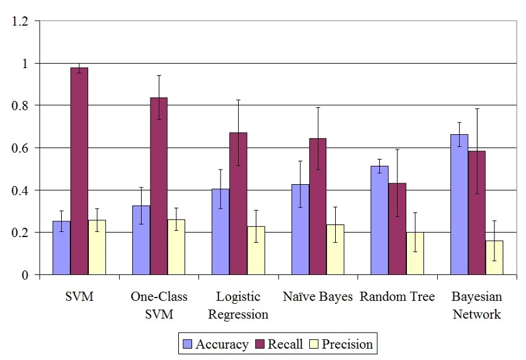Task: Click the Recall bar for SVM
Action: pyautogui.click(x=79, y=171)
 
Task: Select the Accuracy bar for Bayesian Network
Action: pyautogui.click(x=459, y=204)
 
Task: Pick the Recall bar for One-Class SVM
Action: pyautogui.click(x=159, y=186)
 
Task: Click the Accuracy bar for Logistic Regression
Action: pyautogui.click(x=221, y=231)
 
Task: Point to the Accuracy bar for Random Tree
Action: pyautogui.click(x=380, y=220)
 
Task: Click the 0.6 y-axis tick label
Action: pyautogui.click(x=20, y=148)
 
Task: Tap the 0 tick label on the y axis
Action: pyautogui.click(x=25, y=275)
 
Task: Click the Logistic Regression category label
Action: pyautogui.click(x=238, y=305)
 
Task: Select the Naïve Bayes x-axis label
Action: pyautogui.click(x=317, y=297)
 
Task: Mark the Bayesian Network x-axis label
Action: pyautogui.click(x=477, y=305)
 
